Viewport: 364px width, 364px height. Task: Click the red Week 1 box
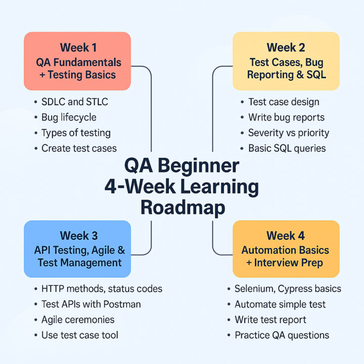77,61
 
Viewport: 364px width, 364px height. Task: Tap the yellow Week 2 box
286,61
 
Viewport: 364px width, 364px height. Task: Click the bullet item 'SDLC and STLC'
74,102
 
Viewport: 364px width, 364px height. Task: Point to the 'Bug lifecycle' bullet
69,117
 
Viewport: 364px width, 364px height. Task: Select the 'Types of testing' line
76,133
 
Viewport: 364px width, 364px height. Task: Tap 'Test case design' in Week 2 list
284,102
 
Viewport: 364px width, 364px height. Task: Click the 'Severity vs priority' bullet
288,133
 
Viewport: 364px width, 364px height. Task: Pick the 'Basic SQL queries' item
287,149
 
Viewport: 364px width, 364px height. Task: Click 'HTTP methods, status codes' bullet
102,289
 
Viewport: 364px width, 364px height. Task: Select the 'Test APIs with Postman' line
91,304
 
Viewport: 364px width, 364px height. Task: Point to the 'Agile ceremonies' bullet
78,320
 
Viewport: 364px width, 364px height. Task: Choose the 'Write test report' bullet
270,320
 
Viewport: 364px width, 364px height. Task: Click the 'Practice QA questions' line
282,335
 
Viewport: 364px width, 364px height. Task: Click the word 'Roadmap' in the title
183,207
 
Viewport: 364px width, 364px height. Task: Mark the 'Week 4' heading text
286,236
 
